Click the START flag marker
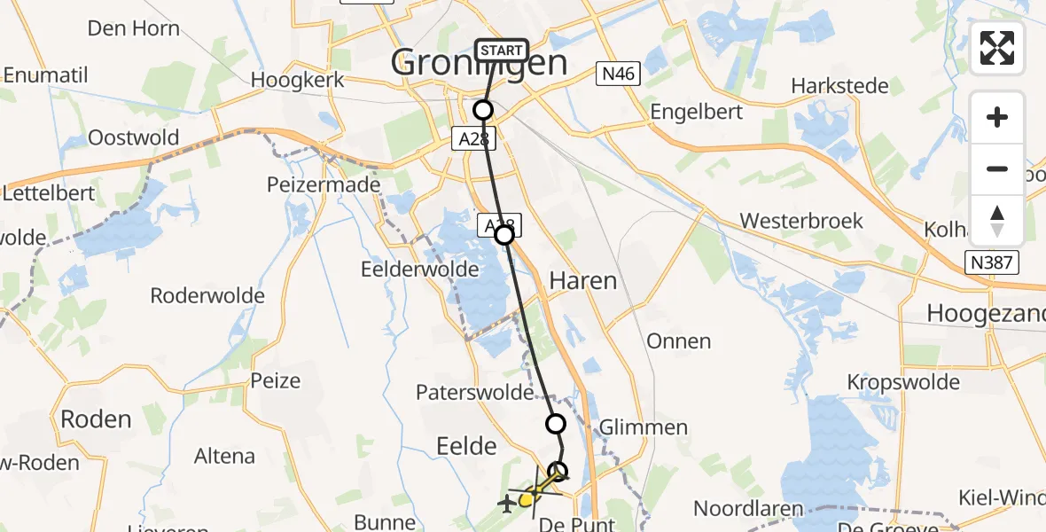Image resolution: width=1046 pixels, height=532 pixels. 502,51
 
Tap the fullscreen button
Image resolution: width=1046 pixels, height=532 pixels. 997,48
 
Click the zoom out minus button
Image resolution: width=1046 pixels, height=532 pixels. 997,168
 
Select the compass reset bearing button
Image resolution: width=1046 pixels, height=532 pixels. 997,221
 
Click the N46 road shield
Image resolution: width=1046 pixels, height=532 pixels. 617,74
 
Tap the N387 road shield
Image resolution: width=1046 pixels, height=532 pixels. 993,262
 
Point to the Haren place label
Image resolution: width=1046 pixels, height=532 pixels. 583,281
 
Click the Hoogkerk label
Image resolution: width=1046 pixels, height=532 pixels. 296,80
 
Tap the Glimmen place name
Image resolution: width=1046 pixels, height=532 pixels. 644,427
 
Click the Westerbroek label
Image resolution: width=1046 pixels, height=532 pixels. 801,221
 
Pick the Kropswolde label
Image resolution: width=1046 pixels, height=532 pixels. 903,382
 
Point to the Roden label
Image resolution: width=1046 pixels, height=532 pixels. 96,419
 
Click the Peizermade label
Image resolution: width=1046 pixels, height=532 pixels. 324,185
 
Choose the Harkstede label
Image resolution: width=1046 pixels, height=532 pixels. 839,86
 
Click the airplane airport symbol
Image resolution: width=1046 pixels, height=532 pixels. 507,505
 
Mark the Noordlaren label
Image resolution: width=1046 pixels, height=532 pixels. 749,509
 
